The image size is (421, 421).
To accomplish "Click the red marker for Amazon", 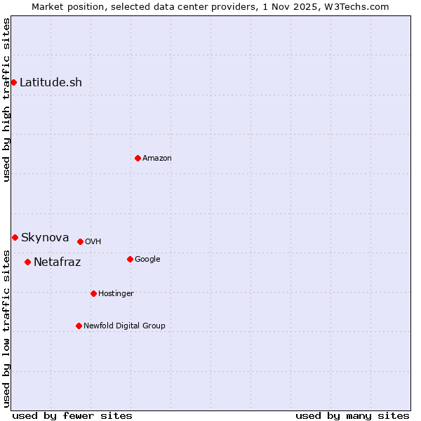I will tap(138, 158).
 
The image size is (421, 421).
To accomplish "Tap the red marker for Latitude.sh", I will tap(13, 82).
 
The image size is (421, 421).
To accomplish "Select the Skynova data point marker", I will tap(15, 237).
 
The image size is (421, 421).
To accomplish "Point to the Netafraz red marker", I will tap(27, 262).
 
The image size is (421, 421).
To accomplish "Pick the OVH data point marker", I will tap(80, 241).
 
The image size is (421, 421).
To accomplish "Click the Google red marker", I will tap(130, 259).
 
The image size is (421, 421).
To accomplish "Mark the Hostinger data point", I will tap(93, 293).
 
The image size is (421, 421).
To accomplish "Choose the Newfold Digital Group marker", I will tap(79, 326).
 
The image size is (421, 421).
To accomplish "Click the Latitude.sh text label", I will tap(51, 82).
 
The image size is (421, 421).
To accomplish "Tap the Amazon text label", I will tap(157, 158).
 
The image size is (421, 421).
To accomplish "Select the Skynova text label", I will tap(45, 237).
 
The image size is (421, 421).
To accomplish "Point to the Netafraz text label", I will tap(57, 262).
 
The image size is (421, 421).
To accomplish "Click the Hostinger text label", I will tap(116, 293).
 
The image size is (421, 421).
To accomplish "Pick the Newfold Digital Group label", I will tap(124, 326).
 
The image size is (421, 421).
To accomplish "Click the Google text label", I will tap(147, 259).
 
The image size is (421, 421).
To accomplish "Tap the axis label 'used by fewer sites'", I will tap(72, 415).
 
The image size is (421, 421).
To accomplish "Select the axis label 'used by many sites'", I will tap(352, 415).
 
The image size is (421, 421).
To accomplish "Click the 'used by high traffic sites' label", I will tap(6, 100).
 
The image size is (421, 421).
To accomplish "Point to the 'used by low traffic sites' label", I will tap(6, 328).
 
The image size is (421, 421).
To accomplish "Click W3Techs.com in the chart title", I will tap(357, 6).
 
